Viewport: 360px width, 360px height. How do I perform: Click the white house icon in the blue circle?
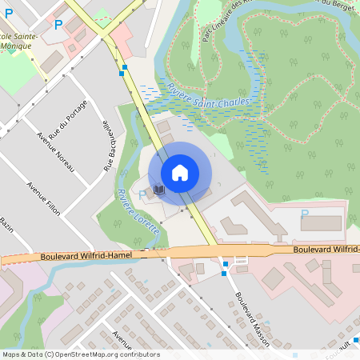click(x=180, y=173)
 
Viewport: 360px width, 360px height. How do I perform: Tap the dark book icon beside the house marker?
click(x=158, y=190)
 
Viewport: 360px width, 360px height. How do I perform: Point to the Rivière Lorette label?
click(x=138, y=211)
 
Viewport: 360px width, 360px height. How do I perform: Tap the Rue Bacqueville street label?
click(x=106, y=146)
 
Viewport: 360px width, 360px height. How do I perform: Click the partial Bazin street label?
click(x=7, y=222)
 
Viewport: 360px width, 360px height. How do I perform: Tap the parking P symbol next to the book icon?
click(x=142, y=194)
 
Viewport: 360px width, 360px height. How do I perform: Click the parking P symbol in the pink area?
click(x=304, y=214)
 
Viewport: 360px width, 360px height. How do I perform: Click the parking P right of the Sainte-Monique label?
click(x=58, y=25)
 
